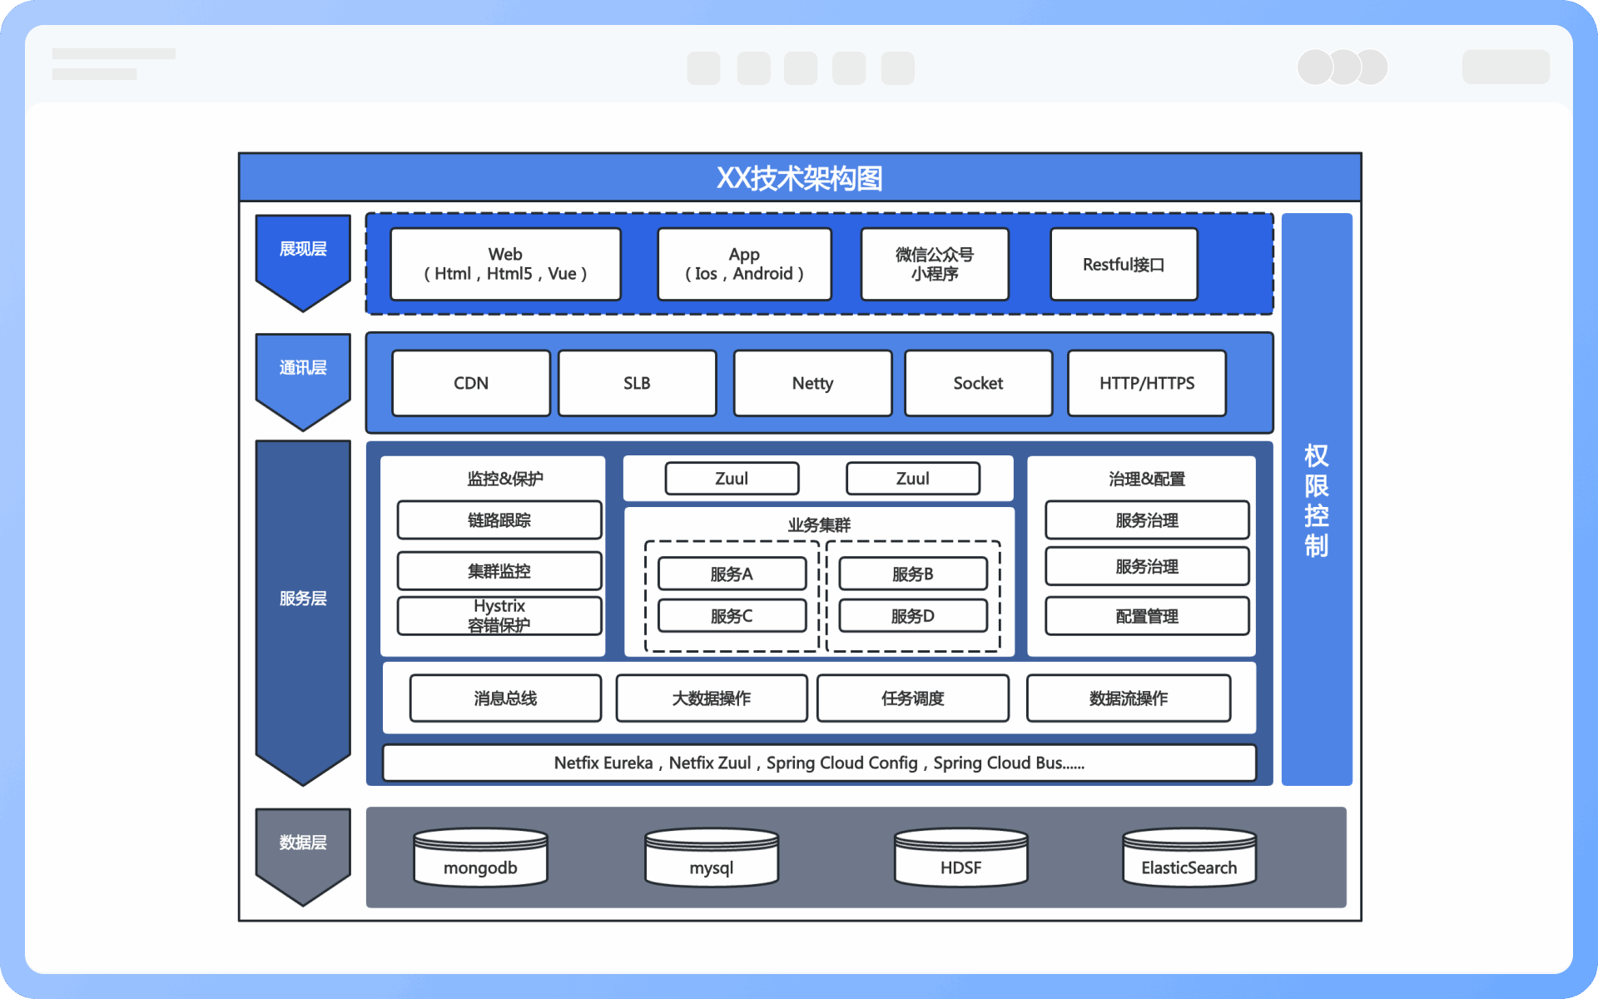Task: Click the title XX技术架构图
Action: coord(799,178)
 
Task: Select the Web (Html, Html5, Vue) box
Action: coord(505,264)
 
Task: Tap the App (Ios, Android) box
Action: coord(744,264)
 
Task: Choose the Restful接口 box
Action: coord(1124,264)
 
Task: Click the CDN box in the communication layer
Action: coord(471,383)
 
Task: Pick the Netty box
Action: coord(812,383)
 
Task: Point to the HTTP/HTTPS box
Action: coord(1146,383)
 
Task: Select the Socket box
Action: coord(978,383)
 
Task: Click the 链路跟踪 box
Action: coord(499,520)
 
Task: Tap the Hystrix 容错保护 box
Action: coord(499,616)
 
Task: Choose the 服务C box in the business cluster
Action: coord(732,616)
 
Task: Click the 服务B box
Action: coord(912,574)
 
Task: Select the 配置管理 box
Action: coord(1147,616)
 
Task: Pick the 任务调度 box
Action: coord(912,698)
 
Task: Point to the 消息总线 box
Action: coord(505,698)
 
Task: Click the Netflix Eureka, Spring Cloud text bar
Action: coord(819,763)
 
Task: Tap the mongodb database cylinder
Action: coord(480,859)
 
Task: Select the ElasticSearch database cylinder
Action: coord(1189,859)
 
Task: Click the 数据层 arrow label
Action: coord(303,842)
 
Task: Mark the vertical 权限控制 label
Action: coord(1316,499)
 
